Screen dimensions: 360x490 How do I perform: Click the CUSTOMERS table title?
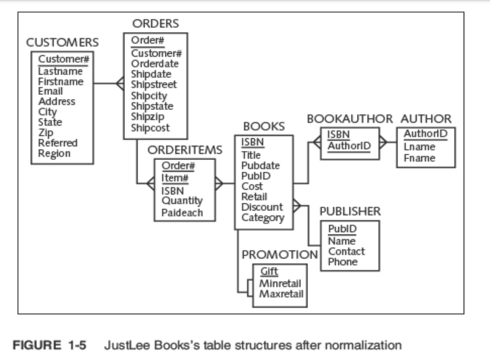tap(62, 42)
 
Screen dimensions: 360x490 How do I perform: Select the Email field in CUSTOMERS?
tap(51, 91)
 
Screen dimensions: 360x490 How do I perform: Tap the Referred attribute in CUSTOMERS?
tap(58, 143)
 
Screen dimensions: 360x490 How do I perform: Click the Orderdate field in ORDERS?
tap(155, 64)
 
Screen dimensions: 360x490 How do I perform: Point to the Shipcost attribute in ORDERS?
tap(150, 128)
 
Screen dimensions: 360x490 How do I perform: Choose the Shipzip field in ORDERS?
tap(148, 117)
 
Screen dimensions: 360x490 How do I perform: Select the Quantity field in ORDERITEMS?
tap(182, 201)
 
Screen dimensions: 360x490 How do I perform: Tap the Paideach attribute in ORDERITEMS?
tap(182, 212)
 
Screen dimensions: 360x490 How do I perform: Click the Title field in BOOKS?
tap(251, 155)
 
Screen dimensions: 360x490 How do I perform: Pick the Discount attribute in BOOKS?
tap(262, 207)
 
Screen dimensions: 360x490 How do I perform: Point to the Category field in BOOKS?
tap(263, 217)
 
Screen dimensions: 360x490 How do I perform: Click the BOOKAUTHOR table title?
tap(350, 119)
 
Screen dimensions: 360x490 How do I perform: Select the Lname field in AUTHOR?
tap(419, 147)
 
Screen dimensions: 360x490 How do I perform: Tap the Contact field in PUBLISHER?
tap(346, 251)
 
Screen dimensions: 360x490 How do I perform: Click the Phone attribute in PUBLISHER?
tap(342, 262)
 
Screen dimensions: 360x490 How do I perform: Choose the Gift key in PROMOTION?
tap(269, 272)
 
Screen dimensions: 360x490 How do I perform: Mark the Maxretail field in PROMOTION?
tap(281, 294)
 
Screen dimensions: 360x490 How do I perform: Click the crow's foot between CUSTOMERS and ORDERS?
tap(120, 84)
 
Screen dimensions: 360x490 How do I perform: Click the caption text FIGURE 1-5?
tap(50, 345)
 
